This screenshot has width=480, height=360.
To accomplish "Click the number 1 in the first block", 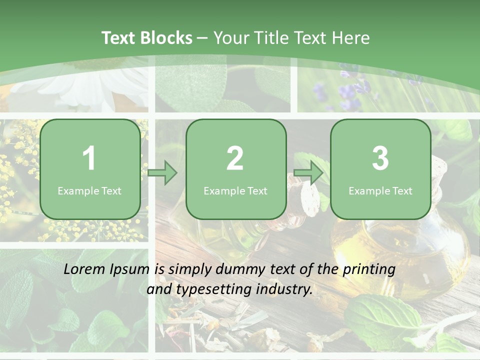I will (89, 158).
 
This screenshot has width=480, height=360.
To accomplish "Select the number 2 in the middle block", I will (235, 158).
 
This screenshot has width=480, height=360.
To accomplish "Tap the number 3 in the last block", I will (380, 158).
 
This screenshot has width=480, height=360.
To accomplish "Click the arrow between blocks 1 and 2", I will (162, 173).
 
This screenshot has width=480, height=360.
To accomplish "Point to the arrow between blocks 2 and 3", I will (308, 173).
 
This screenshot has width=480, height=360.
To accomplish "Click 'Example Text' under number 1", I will (89, 190).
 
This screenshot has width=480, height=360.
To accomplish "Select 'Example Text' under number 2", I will (235, 190).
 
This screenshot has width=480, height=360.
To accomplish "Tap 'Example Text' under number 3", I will (380, 190).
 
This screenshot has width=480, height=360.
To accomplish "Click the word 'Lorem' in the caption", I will (85, 269).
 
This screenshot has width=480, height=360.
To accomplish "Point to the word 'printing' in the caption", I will (369, 269).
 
